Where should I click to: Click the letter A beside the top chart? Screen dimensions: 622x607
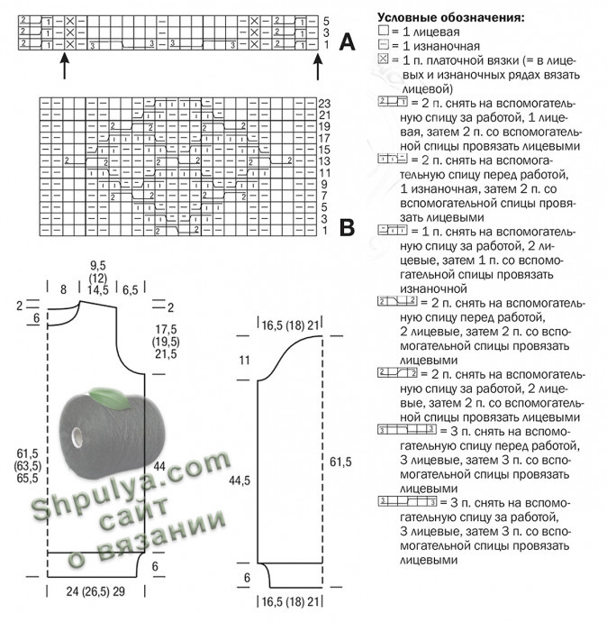(x=346, y=41)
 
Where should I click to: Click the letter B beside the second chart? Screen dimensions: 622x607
(x=346, y=228)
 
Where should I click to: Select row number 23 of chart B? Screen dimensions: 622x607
(x=325, y=103)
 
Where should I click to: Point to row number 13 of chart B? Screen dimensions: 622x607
(x=325, y=160)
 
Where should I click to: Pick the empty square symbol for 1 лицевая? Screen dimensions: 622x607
(x=383, y=32)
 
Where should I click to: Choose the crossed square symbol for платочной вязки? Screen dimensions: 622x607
(x=383, y=59)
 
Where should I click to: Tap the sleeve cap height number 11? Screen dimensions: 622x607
(x=243, y=361)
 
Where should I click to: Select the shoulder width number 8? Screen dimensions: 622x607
(x=62, y=289)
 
